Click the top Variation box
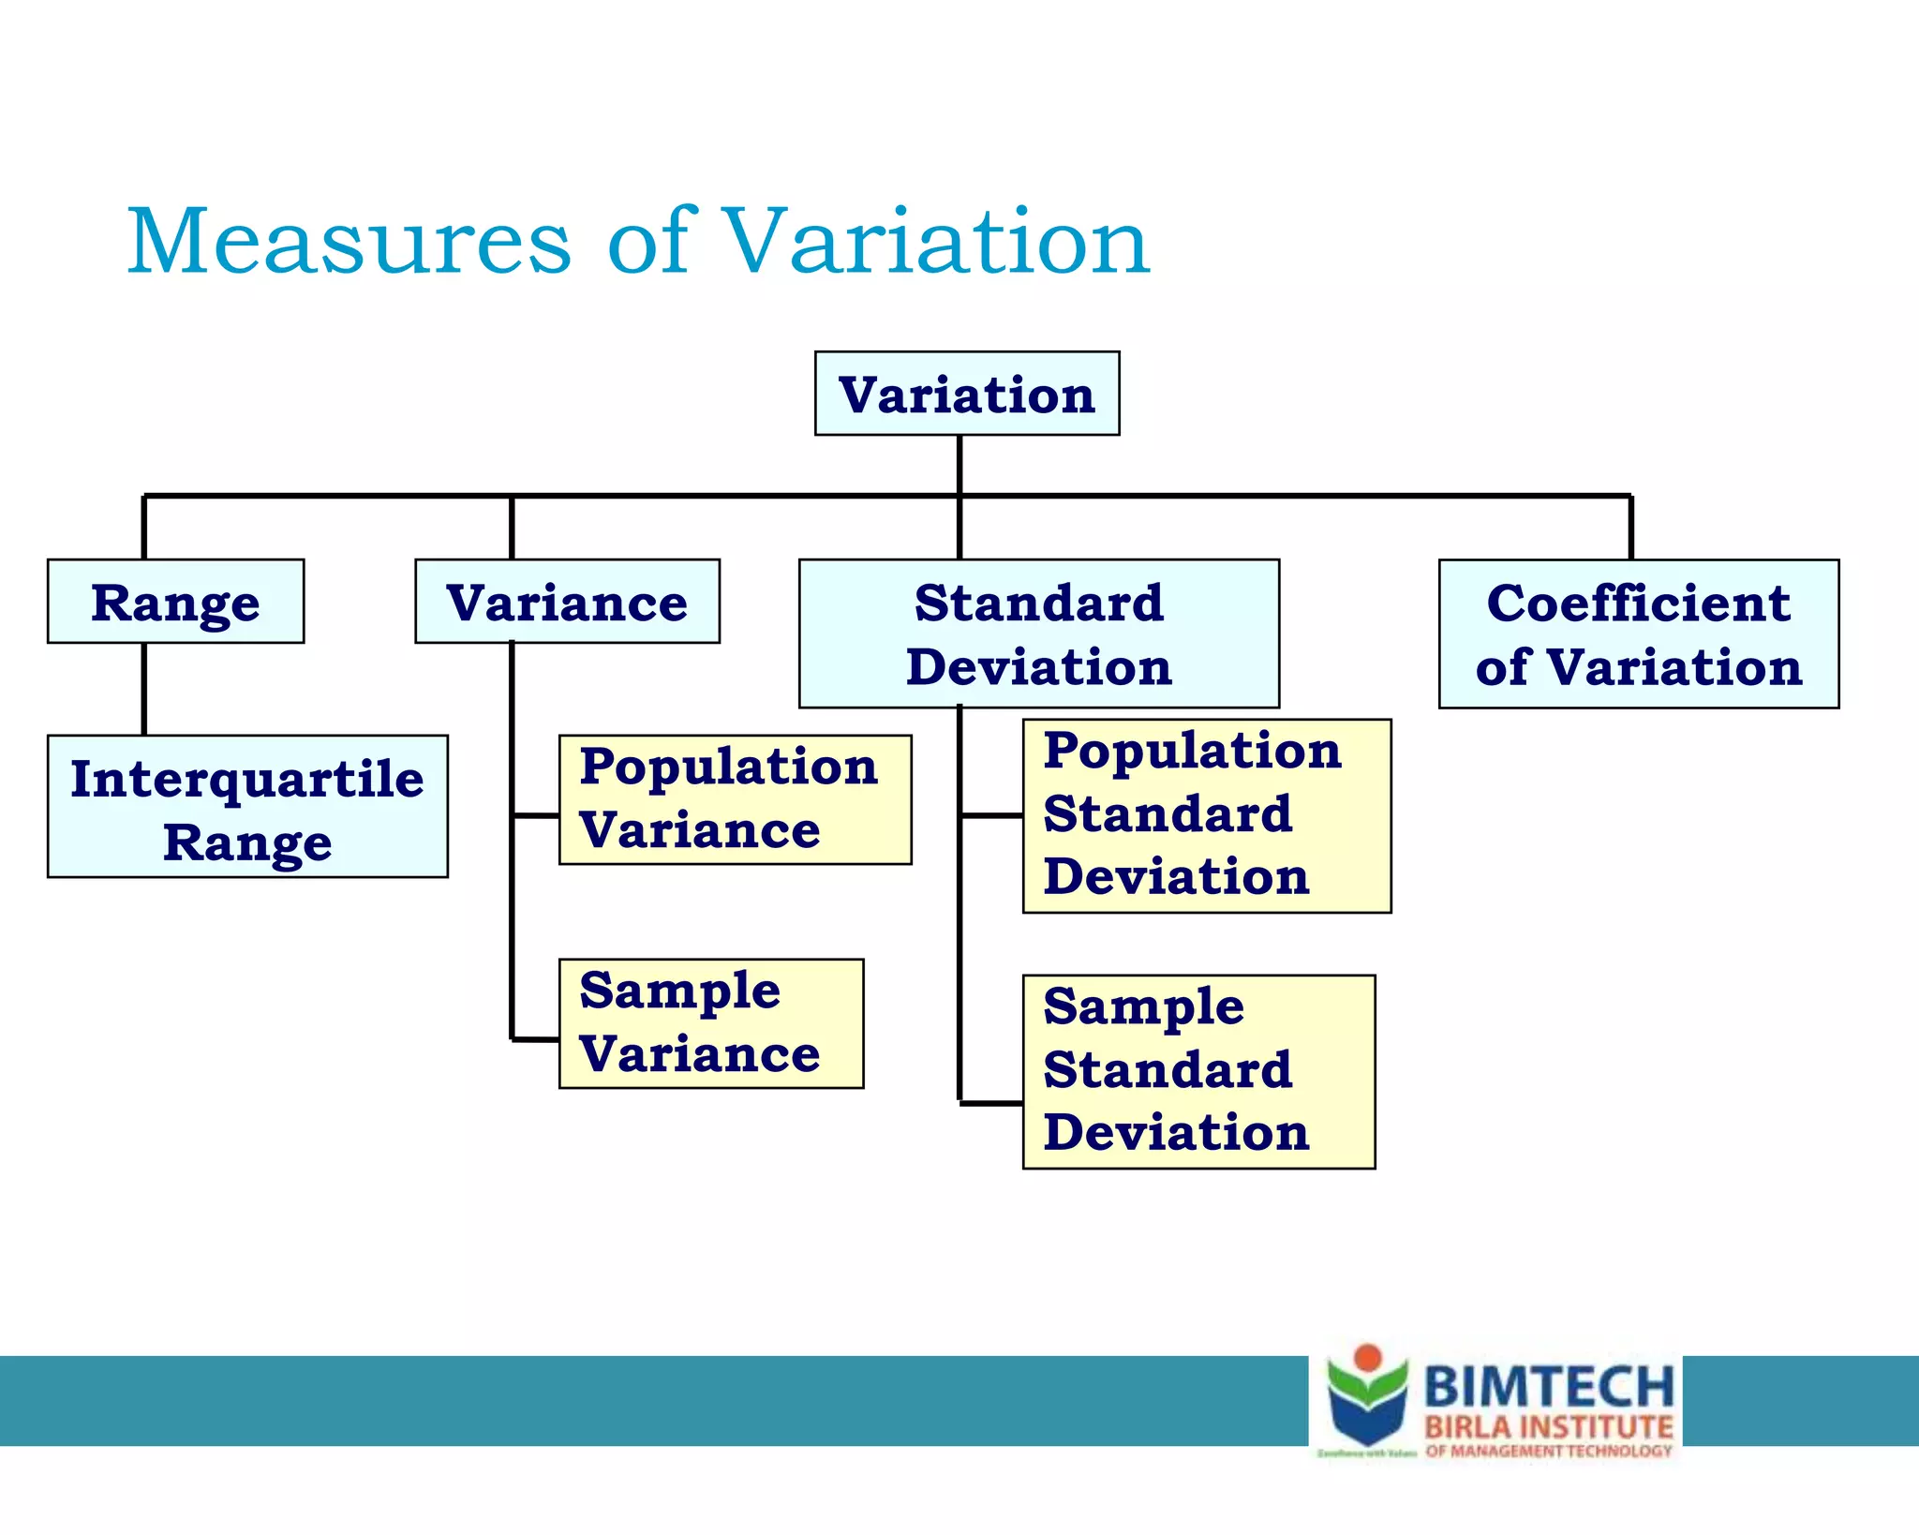point(967,394)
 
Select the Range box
point(175,602)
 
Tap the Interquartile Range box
point(247,807)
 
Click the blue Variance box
point(567,602)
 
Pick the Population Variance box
point(735,799)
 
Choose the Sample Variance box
point(710,1023)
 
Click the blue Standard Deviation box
point(1038,633)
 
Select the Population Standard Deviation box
point(1206,816)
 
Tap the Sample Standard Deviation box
point(1198,1072)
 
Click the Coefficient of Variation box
point(1638,633)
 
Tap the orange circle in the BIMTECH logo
point(1368,1358)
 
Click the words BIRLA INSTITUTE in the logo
point(1548,1428)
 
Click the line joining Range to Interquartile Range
point(144,689)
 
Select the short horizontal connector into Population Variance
point(536,816)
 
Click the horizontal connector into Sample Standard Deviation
point(991,1104)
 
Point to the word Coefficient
point(1638,603)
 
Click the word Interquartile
point(247,780)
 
